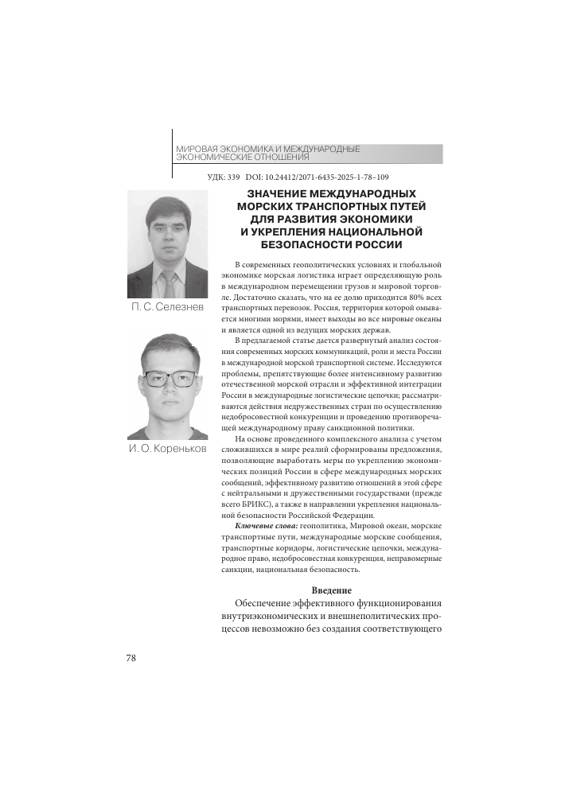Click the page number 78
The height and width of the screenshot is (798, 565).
coord(132,658)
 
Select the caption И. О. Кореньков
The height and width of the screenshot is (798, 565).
coord(167,449)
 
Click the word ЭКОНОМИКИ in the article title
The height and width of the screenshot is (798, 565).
coord(378,219)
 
